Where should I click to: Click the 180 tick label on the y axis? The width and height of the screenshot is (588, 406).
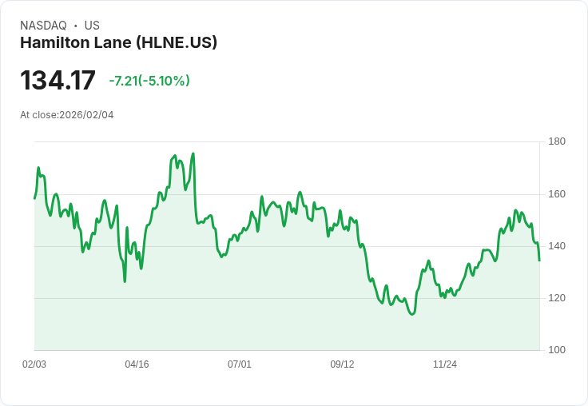tap(557, 142)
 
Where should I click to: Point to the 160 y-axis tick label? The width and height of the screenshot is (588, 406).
tap(557, 194)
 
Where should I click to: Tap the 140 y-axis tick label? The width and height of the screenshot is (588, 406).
tap(557, 246)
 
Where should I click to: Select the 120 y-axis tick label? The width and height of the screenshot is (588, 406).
tap(557, 298)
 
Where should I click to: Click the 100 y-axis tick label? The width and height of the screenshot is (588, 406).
tap(557, 350)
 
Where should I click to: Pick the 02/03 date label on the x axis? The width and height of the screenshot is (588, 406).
tap(34, 364)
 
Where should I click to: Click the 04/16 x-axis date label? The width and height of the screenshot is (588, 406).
tap(137, 364)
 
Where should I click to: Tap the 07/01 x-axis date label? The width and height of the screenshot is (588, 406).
tap(240, 364)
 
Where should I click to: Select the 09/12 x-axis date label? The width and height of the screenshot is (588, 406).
tap(342, 364)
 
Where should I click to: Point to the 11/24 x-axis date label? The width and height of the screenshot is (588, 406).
tap(445, 364)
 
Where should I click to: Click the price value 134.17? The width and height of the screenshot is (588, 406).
tap(58, 81)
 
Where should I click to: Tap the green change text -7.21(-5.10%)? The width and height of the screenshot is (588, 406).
tap(149, 81)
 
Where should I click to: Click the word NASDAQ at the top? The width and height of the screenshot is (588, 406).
tap(43, 26)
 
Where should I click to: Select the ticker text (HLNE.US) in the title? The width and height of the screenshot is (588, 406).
tap(177, 43)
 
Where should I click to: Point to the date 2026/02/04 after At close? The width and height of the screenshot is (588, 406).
tap(86, 115)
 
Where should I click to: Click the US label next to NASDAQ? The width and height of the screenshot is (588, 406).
tap(92, 26)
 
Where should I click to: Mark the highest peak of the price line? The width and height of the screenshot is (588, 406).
tap(193, 153)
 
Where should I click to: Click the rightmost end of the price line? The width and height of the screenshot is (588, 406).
tap(539, 261)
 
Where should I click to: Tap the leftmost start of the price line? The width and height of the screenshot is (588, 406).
tap(34, 198)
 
